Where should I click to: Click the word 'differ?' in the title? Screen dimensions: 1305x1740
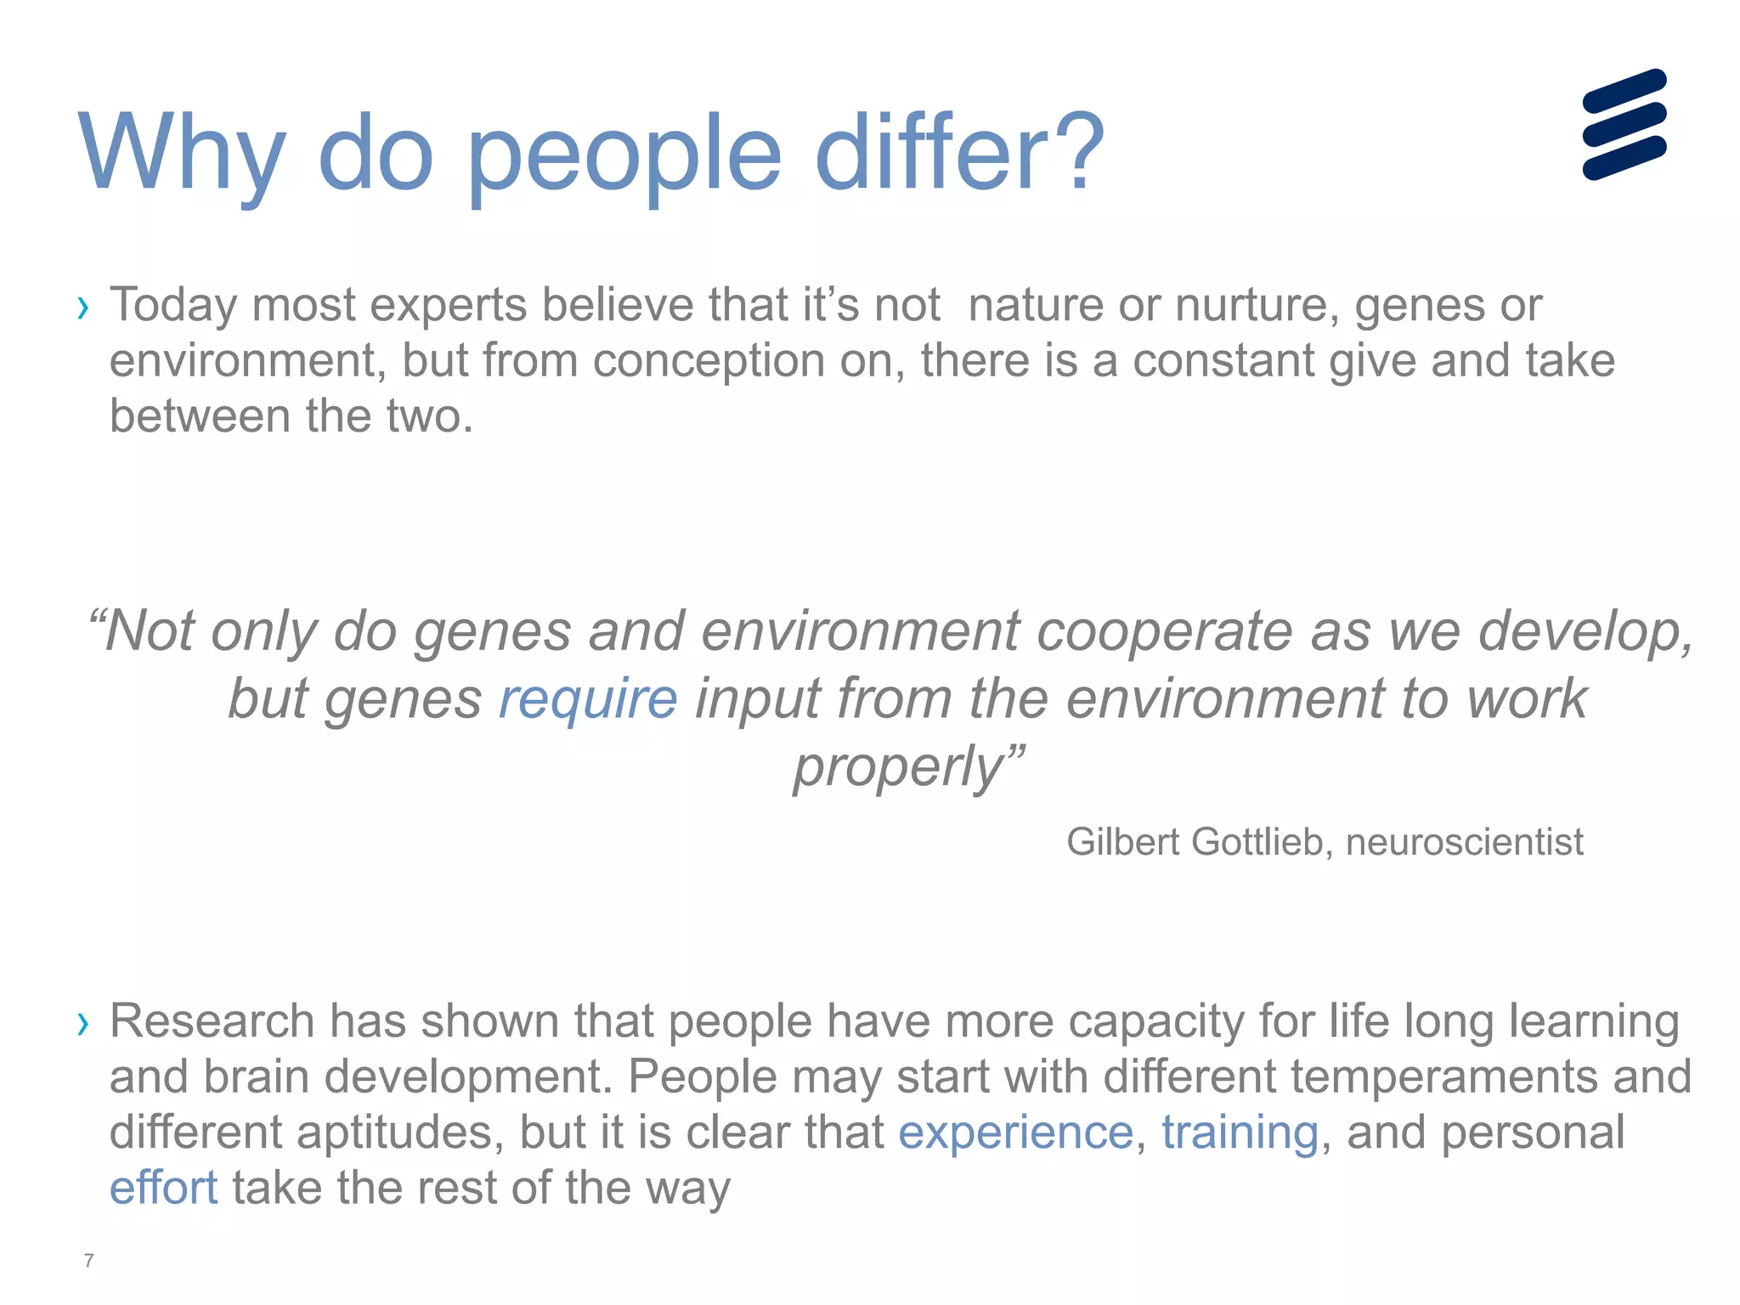coord(959,153)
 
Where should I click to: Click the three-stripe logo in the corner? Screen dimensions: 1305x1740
coord(1624,124)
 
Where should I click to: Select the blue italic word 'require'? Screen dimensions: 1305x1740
coord(588,699)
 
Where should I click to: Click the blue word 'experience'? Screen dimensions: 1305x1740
coord(1015,1133)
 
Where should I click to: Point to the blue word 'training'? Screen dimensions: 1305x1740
coord(1240,1133)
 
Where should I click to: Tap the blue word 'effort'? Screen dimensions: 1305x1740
coord(163,1188)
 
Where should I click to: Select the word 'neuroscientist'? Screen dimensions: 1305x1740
coord(1464,842)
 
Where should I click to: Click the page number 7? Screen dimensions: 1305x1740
coord(88,1260)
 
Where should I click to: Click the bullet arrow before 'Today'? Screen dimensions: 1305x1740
coord(82,308)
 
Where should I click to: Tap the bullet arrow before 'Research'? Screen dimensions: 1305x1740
coord(82,1024)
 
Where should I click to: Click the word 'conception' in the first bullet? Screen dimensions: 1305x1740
coord(709,361)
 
